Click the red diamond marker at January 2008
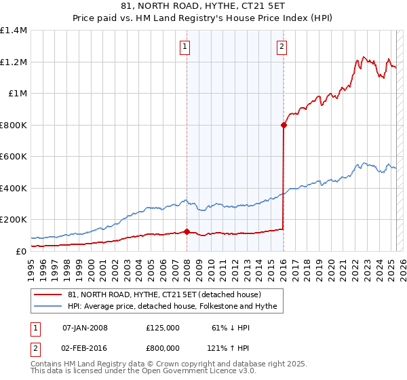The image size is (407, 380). [186, 231]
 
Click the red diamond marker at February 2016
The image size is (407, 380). [283, 125]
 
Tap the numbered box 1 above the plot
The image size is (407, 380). [185, 47]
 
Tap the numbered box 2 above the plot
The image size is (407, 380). [282, 47]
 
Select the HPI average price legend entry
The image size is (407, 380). [172, 307]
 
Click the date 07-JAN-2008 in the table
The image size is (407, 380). [84, 328]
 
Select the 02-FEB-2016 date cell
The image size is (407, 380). [84, 348]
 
